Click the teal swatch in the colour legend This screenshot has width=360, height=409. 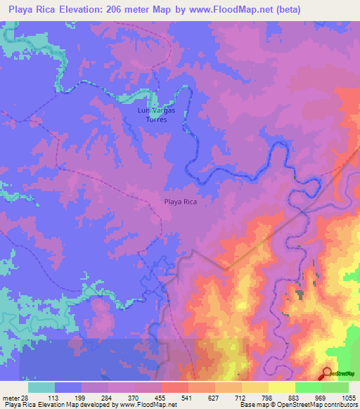(x=41, y=387)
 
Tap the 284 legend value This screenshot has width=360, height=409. (x=97, y=396)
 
